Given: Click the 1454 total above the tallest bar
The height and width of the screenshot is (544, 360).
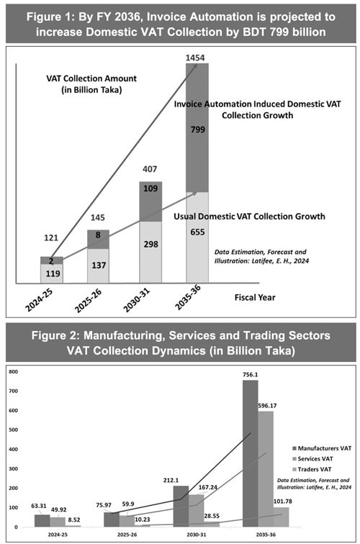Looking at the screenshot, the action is (194, 58).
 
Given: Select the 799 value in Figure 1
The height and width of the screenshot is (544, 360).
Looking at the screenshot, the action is (197, 130).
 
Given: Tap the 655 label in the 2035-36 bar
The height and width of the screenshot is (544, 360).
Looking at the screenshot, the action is (197, 232).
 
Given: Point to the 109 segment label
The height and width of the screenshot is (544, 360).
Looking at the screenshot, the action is (150, 189).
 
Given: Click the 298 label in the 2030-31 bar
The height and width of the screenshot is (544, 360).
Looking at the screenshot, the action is (150, 244).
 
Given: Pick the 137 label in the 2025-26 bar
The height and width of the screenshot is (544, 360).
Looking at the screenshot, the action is (99, 266).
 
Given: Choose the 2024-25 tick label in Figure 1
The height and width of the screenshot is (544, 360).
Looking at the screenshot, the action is (39, 300).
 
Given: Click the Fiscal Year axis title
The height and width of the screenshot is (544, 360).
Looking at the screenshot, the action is (255, 297).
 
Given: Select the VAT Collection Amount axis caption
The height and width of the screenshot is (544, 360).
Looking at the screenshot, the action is (91, 84).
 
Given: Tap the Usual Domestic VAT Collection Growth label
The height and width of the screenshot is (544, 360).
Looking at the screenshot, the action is (249, 217).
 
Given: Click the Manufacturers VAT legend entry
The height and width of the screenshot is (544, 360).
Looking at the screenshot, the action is (322, 448).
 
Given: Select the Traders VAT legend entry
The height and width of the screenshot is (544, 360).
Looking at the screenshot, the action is (312, 469).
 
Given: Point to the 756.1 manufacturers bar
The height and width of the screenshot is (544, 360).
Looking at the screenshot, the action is (251, 454).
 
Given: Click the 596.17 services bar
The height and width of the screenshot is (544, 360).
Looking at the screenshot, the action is (266, 469).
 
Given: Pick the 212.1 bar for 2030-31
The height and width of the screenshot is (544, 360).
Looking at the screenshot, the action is (181, 507).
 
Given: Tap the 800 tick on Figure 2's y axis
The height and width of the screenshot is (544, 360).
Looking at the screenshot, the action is (14, 371).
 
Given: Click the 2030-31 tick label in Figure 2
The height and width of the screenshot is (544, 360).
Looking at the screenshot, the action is (196, 535).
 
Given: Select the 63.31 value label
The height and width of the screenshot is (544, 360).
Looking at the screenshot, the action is (39, 506).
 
